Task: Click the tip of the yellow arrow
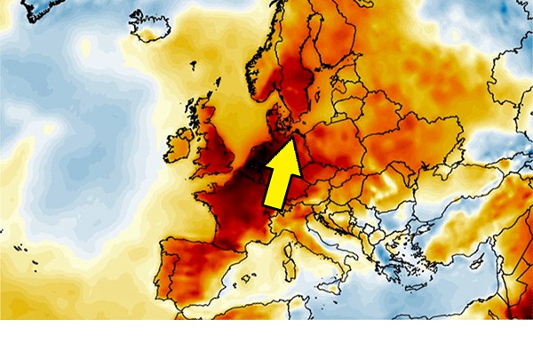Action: [x=295, y=136]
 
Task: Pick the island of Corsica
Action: [x=286, y=254]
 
